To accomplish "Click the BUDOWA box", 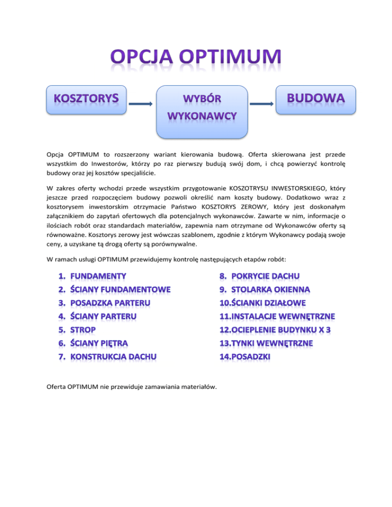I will coord(315,100).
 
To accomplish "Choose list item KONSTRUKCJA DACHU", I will coord(110,356).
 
